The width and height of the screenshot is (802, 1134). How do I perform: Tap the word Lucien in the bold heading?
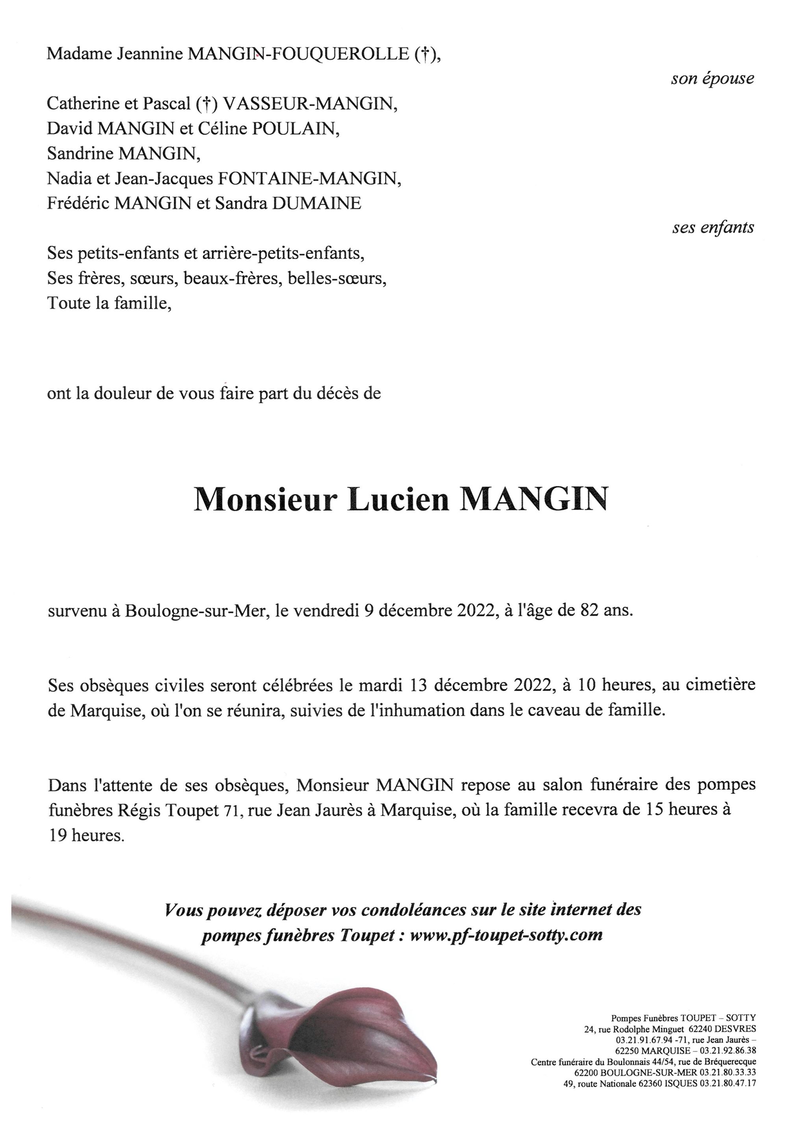(398, 500)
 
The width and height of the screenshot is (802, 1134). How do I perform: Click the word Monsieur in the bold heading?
(265, 500)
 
